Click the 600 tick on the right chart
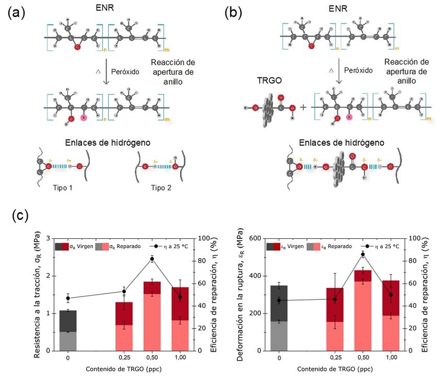click(255, 238)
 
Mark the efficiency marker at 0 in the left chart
click(68, 298)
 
